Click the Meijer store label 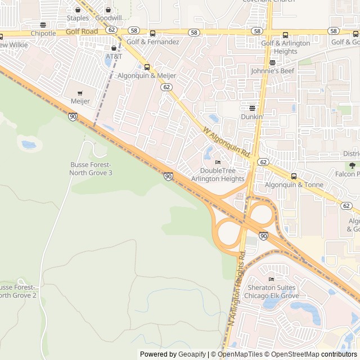[x=80, y=101]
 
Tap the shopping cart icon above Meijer [x=80, y=93]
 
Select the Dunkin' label [x=252, y=116]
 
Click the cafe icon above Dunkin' [x=252, y=108]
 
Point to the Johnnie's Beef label [x=273, y=71]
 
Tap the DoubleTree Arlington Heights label [x=218, y=174]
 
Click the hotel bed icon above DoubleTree [x=218, y=163]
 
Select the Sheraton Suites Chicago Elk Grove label [x=273, y=291]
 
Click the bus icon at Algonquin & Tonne [x=294, y=176]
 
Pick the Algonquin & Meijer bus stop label [x=147, y=75]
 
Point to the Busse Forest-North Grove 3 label [x=91, y=168]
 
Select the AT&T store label [x=114, y=56]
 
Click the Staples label [x=78, y=18]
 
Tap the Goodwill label [x=108, y=18]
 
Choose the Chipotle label [x=43, y=33]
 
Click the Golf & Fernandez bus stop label [x=153, y=42]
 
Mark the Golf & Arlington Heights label [x=285, y=47]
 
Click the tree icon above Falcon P [x=352, y=165]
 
